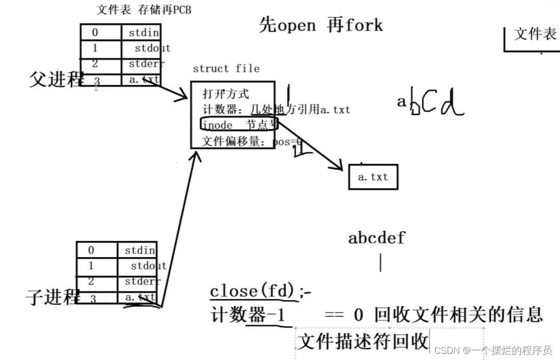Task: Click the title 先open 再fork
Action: [321, 24]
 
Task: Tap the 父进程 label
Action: [55, 79]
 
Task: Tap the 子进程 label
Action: [53, 297]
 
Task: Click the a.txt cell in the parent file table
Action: [142, 79]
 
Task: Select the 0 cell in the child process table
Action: [91, 250]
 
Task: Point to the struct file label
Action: [226, 69]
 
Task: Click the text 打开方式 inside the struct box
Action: [226, 94]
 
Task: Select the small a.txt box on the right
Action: [373, 177]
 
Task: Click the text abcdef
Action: [377, 238]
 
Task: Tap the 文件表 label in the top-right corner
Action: [535, 34]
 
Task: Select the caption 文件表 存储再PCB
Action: [144, 10]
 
